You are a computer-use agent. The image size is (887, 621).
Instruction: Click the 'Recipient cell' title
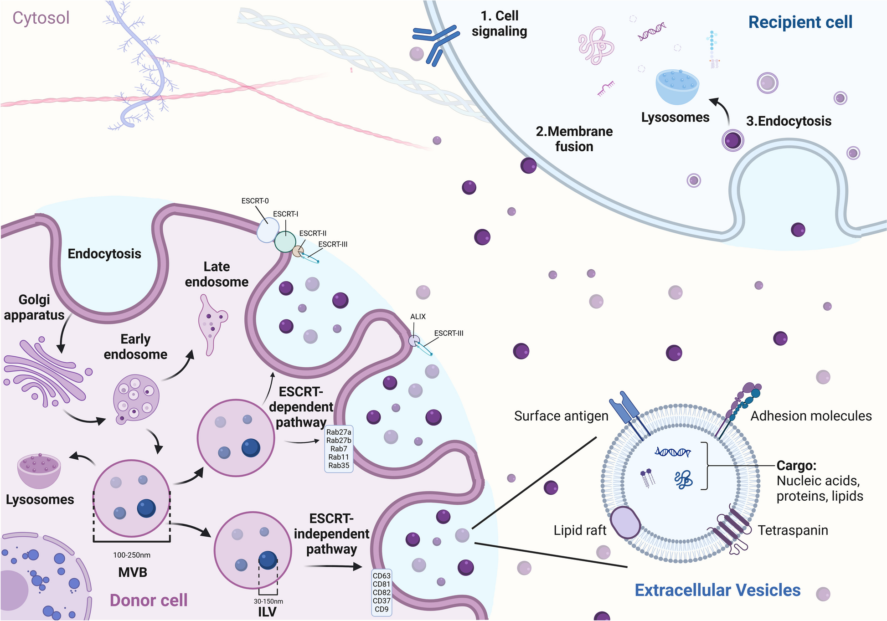point(800,22)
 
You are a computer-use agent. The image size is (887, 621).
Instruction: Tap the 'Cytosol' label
point(41,18)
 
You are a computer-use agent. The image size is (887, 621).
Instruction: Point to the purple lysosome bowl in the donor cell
point(39,470)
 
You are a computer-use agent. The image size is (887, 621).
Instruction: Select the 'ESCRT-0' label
point(255,201)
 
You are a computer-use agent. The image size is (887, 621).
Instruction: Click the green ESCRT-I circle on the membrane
point(285,241)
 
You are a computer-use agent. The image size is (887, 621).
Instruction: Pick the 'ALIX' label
point(418,317)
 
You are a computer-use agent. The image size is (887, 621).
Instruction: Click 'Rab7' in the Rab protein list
point(339,449)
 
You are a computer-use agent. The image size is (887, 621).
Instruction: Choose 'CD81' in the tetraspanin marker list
point(382,584)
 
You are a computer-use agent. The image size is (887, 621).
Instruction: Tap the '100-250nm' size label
point(132,555)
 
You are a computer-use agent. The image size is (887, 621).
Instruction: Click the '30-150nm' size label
point(268,601)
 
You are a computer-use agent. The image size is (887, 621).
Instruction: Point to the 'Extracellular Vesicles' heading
point(717,590)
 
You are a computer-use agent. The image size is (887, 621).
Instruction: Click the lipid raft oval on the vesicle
point(625,522)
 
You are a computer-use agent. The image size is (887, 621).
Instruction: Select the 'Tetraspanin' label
point(793,530)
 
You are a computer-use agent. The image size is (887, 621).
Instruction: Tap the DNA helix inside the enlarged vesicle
point(672,452)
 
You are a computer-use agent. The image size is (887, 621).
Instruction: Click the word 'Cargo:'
point(796,466)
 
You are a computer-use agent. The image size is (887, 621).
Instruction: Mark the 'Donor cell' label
point(149,600)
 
